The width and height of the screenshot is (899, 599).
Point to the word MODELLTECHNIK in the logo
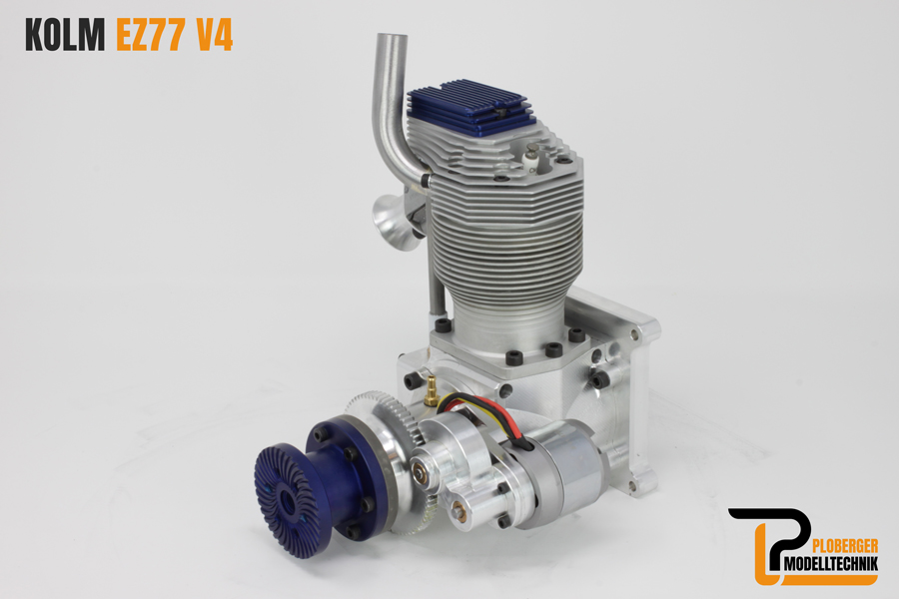point(825,566)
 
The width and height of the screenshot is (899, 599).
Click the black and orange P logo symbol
point(763,545)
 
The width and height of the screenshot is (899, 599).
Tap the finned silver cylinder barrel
point(499,230)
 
